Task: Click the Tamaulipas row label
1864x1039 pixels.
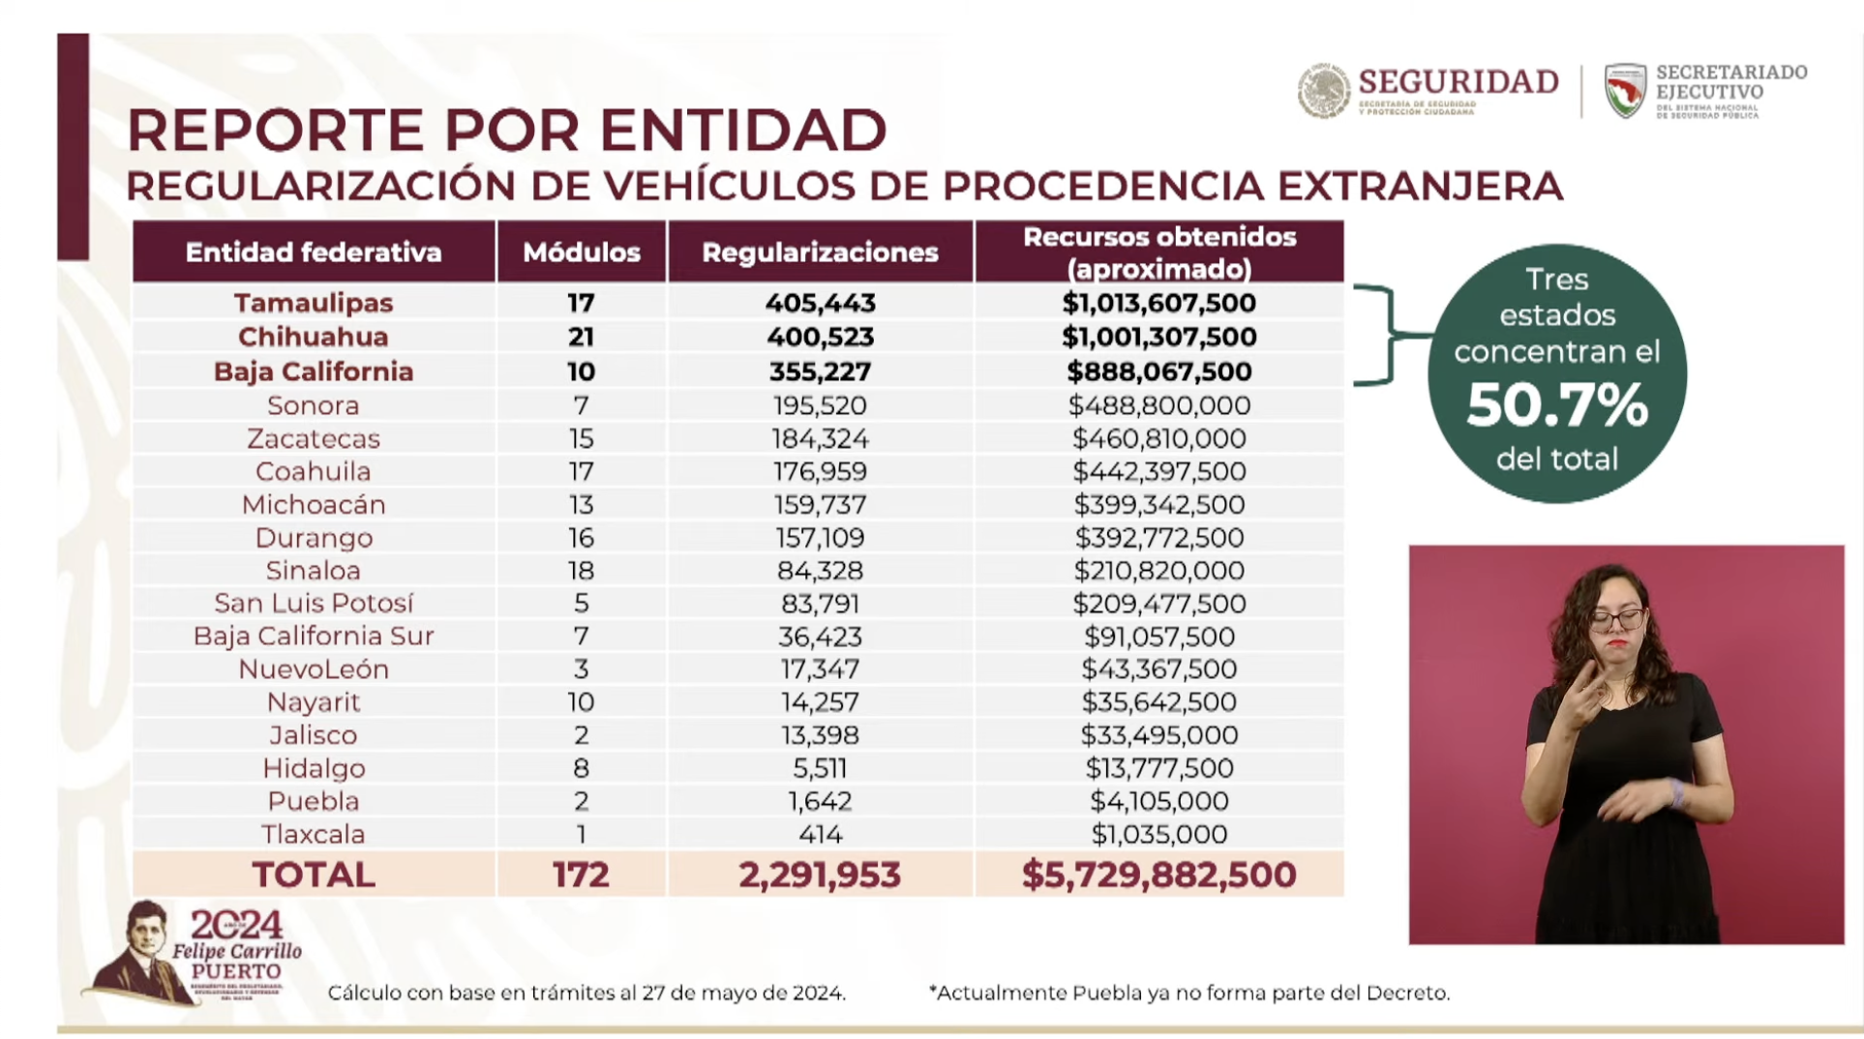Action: point(313,303)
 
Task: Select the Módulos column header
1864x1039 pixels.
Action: point(581,252)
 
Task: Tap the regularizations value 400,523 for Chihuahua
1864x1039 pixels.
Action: point(820,337)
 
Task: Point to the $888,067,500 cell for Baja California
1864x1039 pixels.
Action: point(1158,371)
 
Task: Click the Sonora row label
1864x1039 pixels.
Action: point(313,405)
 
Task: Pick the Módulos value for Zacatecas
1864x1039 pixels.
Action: point(581,438)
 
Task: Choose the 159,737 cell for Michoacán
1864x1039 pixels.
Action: point(820,504)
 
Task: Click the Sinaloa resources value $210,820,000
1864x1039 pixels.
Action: point(1158,571)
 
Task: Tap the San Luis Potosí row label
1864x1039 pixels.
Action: point(313,604)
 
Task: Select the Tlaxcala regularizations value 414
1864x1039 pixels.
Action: point(820,834)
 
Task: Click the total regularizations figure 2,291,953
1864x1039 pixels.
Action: point(820,875)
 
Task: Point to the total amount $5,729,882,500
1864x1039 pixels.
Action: point(1158,875)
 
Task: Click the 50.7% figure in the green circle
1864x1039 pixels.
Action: point(1556,405)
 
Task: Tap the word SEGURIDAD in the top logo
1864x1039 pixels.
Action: point(1458,82)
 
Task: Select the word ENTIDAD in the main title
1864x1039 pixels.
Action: point(742,130)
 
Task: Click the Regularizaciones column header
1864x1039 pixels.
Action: point(820,252)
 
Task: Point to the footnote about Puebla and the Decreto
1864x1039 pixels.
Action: point(1188,993)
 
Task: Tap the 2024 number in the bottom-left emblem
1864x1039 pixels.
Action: point(236,926)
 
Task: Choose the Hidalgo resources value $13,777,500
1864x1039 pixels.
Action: point(1158,768)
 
